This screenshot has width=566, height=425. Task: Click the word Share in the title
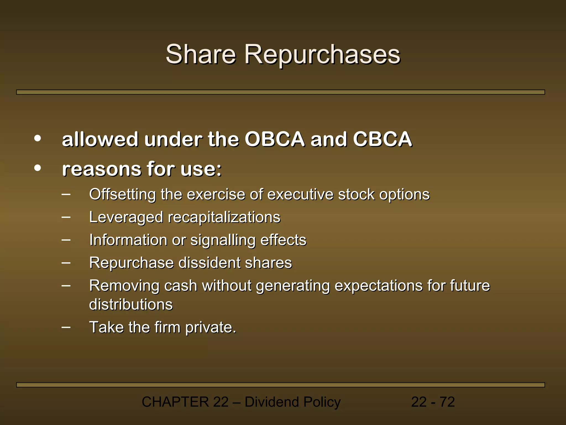click(201, 54)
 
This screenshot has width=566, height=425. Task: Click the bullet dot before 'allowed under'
click(38, 138)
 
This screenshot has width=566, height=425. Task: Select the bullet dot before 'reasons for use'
click(38, 168)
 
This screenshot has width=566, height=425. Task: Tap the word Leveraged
click(126, 217)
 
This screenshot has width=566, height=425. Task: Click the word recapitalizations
click(224, 217)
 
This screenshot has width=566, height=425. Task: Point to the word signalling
click(223, 240)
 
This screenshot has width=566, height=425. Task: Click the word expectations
click(378, 286)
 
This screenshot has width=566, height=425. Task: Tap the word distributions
click(131, 304)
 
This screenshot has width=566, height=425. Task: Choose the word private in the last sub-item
click(211, 327)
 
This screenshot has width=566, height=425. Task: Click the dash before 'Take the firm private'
click(66, 327)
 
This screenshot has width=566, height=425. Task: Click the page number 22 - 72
click(433, 402)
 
